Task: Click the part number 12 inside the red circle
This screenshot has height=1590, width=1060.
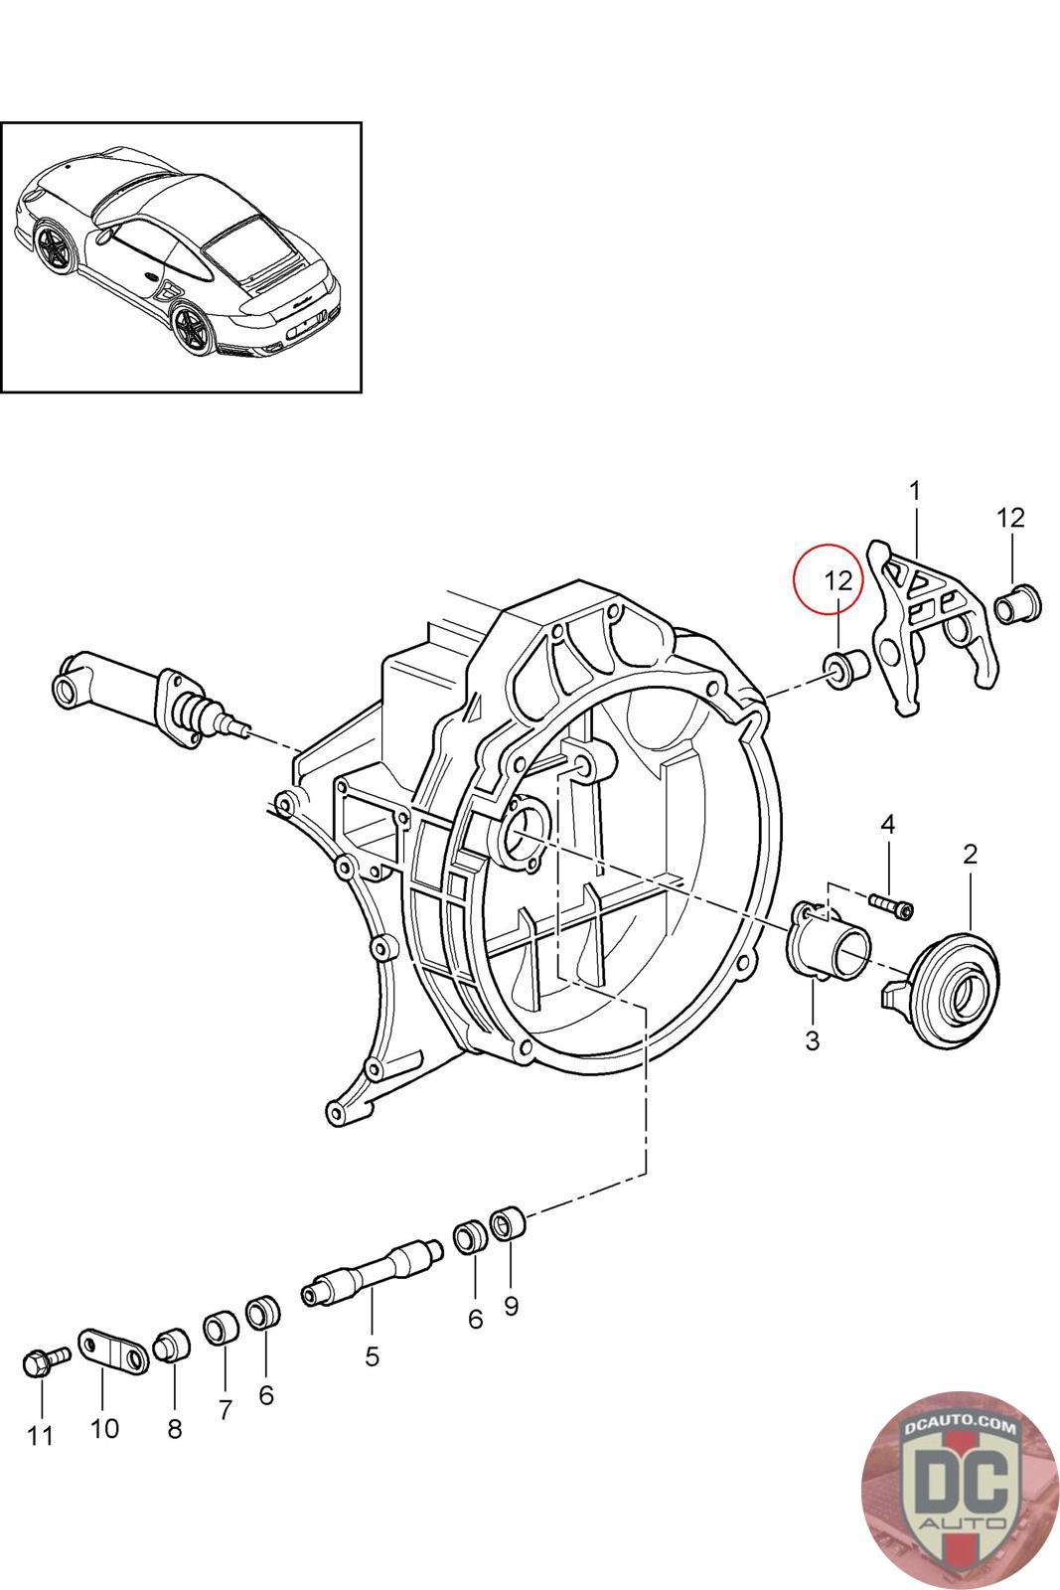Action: (x=837, y=581)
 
